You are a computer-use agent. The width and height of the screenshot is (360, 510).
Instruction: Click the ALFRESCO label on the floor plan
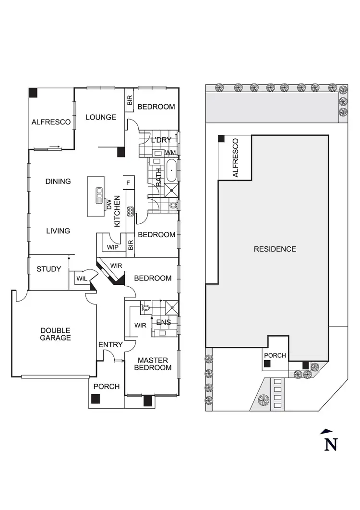click(51, 122)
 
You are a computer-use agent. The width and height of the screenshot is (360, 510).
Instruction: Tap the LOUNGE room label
click(101, 117)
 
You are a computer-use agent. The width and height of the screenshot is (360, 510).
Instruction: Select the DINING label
click(58, 181)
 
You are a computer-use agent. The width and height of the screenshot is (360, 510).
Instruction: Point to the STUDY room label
click(49, 269)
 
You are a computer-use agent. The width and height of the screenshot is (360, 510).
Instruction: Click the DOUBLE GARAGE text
click(55, 334)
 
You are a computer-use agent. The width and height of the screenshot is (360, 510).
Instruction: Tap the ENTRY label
click(110, 344)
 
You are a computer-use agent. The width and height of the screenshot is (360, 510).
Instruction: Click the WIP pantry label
click(113, 248)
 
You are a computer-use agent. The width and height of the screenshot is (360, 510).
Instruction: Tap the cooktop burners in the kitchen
click(130, 211)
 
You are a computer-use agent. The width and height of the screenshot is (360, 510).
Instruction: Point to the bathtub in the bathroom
click(172, 170)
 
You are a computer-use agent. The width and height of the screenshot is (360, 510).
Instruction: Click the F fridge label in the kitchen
click(128, 182)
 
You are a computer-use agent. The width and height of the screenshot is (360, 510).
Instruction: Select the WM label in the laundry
click(170, 152)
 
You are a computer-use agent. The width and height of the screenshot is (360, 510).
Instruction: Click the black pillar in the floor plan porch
click(96, 398)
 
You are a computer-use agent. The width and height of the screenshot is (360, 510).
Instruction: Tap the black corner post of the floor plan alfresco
click(33, 93)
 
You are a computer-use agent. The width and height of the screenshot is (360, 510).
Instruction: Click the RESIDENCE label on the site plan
click(275, 249)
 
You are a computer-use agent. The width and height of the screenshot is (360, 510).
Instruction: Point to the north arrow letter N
click(331, 444)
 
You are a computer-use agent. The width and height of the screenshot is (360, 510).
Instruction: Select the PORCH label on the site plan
click(275, 355)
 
